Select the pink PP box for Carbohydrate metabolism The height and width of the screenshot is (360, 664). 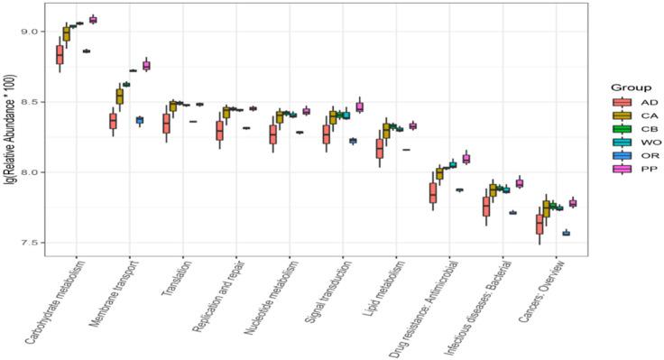[x=93, y=19]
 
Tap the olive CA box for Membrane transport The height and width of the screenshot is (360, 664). [x=120, y=96]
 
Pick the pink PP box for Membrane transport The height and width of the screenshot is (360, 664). [x=146, y=66]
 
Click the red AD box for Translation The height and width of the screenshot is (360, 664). [x=166, y=124]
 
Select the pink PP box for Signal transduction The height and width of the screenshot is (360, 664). [x=359, y=106]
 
